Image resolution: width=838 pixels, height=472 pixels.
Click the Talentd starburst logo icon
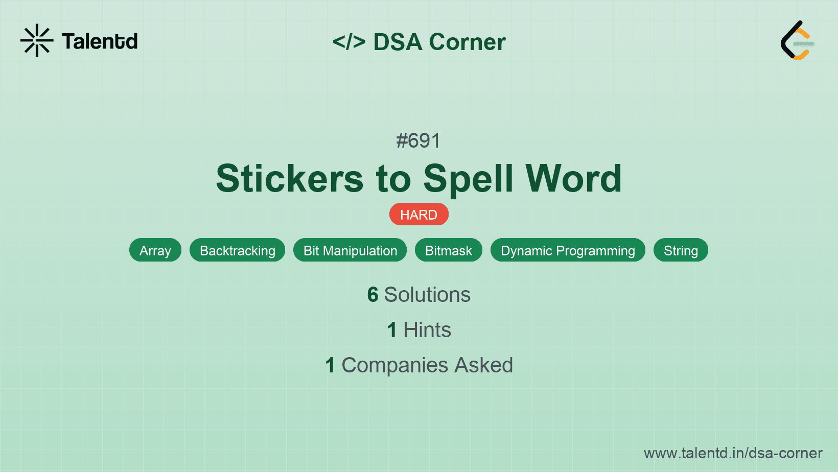[x=37, y=40]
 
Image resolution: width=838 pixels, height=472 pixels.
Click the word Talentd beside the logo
[x=100, y=41]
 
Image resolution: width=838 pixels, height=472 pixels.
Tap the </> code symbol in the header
[x=349, y=42]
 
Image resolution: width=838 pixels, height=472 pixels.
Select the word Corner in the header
[x=467, y=42]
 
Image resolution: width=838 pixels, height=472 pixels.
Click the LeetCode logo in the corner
[x=797, y=41]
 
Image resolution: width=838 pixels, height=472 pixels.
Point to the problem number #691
[x=418, y=140]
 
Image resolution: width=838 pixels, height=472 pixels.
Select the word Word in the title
[x=573, y=179]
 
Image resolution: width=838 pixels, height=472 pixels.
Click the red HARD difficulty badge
[x=418, y=215]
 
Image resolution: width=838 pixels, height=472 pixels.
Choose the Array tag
[x=155, y=250]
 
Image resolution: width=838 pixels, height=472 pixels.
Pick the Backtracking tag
[x=237, y=250]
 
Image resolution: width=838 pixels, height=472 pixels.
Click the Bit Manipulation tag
[x=350, y=250]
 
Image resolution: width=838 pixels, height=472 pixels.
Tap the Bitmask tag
[x=449, y=250]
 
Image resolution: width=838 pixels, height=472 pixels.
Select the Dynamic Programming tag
[x=568, y=250]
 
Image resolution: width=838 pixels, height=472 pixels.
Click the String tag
[x=681, y=250]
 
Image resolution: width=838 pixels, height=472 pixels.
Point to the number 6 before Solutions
[x=373, y=295]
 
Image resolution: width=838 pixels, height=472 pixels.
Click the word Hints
[x=427, y=330]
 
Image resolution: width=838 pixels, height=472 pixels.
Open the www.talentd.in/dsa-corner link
[x=733, y=453]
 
